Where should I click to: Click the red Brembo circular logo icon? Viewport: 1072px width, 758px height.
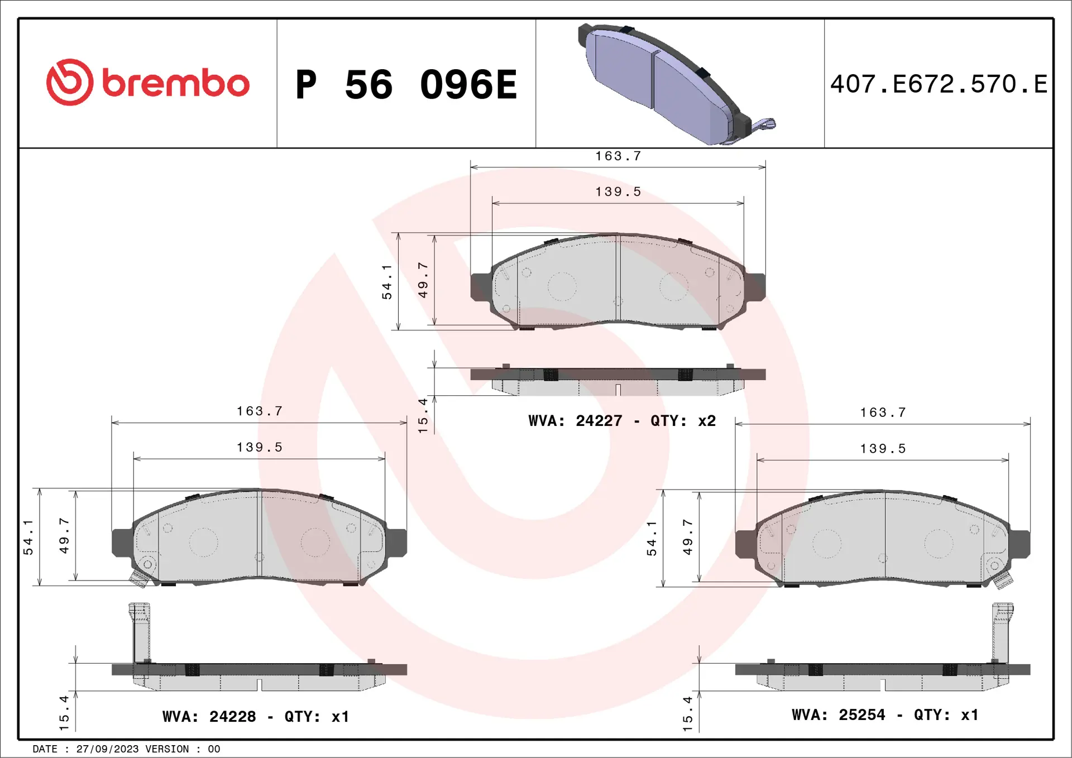69,82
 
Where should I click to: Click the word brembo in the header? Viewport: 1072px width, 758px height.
175,84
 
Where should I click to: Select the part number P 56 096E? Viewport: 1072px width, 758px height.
406,85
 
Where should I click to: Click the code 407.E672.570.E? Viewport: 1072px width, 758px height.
939,84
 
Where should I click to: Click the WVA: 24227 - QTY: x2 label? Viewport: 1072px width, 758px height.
621,421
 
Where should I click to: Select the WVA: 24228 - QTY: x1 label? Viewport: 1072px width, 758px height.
255,717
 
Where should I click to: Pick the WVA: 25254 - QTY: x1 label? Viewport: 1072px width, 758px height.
884,715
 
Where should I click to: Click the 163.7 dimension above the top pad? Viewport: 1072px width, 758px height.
618,156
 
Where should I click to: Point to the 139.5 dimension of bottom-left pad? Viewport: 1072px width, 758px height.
260,448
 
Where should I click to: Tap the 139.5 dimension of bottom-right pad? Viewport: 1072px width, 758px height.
883,449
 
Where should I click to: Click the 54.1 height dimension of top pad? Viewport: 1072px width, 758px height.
387,282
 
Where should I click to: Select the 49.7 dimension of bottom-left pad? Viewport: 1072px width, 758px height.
64,536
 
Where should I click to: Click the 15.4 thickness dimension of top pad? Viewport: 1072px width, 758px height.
423,416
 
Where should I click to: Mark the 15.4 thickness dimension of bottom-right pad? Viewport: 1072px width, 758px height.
687,713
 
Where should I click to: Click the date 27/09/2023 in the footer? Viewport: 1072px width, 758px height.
107,749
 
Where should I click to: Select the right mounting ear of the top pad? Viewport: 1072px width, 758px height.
755,286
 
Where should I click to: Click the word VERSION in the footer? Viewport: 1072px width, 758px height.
167,749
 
